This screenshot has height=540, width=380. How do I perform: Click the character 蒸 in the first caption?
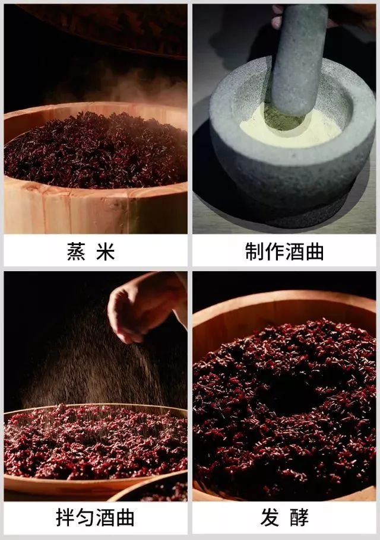(75, 252)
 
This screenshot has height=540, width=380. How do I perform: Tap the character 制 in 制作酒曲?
(254, 252)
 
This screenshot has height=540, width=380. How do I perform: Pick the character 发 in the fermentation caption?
(270, 517)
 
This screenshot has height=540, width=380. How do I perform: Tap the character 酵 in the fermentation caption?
(299, 517)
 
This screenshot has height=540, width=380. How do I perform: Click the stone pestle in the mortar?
(299, 65)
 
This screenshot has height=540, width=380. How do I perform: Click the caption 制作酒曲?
(284, 252)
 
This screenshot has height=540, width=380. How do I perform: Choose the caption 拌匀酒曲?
(96, 517)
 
